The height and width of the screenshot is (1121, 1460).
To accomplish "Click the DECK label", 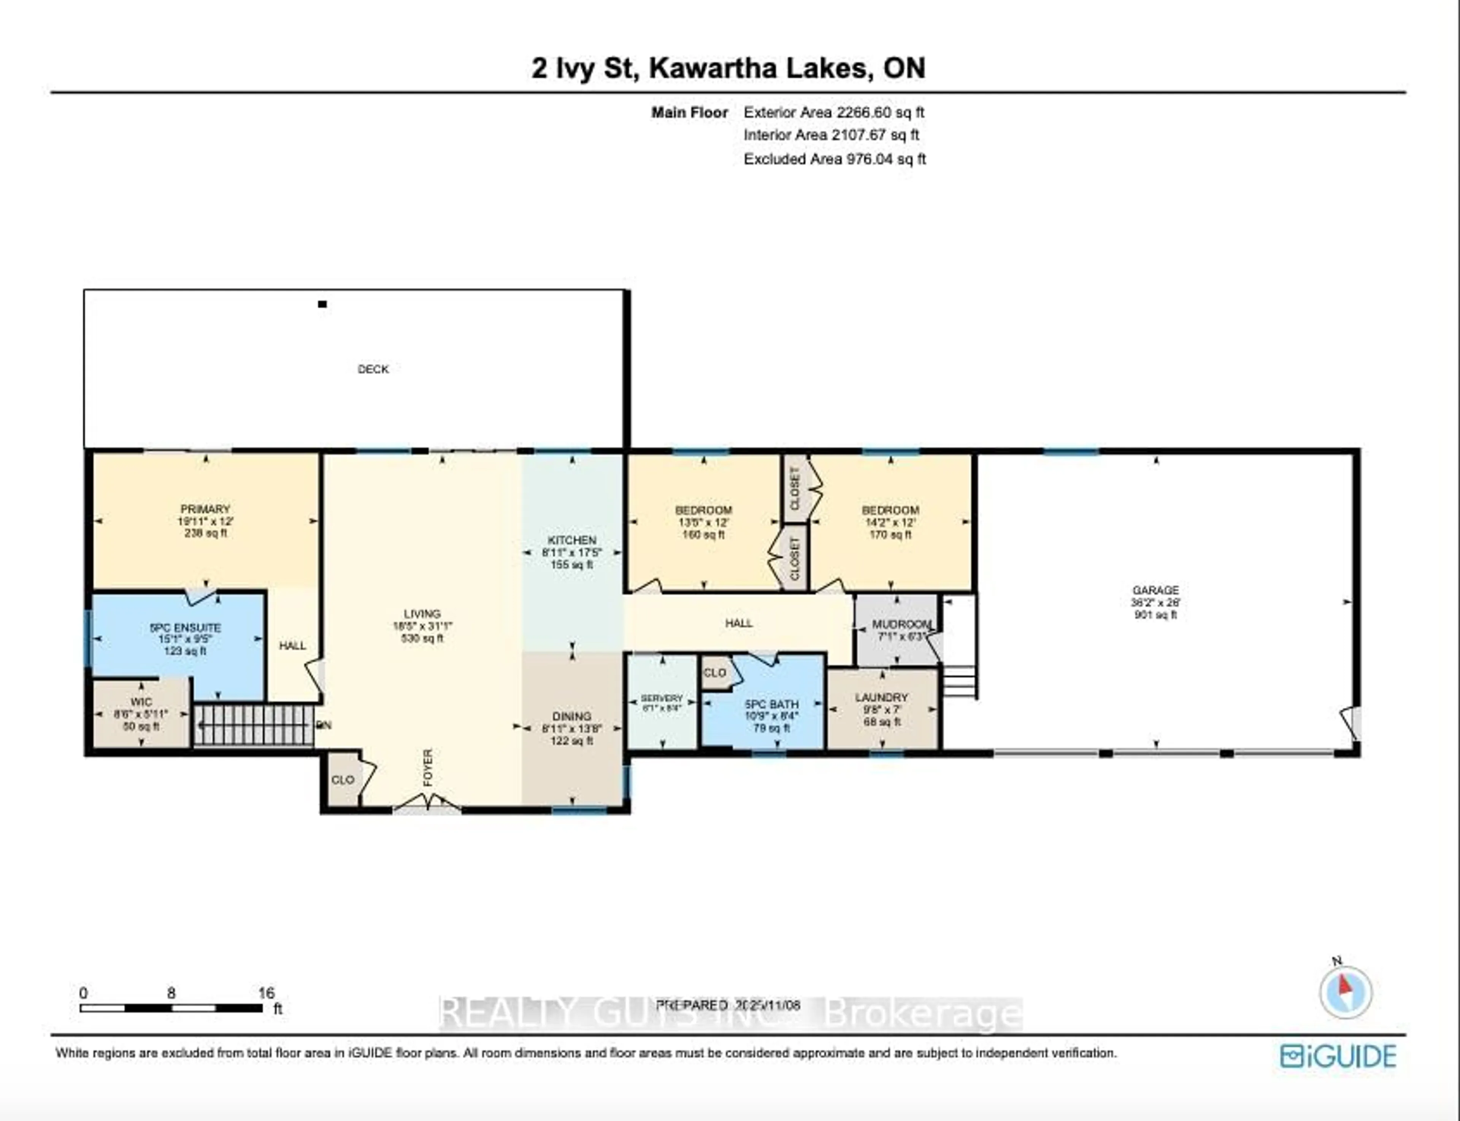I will tap(373, 369).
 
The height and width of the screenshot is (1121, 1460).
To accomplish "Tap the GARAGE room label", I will tap(1156, 590).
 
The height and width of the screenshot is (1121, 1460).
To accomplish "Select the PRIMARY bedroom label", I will tap(205, 509).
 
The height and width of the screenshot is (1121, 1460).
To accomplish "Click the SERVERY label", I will tap(661, 698).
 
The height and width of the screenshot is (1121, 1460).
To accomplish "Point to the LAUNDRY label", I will tap(881, 697).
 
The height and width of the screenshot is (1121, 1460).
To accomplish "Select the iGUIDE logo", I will tap(1338, 1056).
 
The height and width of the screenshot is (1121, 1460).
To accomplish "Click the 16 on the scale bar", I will tap(266, 993).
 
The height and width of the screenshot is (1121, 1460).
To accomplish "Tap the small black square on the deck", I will tap(322, 304).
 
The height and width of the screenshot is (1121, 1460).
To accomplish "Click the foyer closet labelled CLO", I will tap(343, 779).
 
